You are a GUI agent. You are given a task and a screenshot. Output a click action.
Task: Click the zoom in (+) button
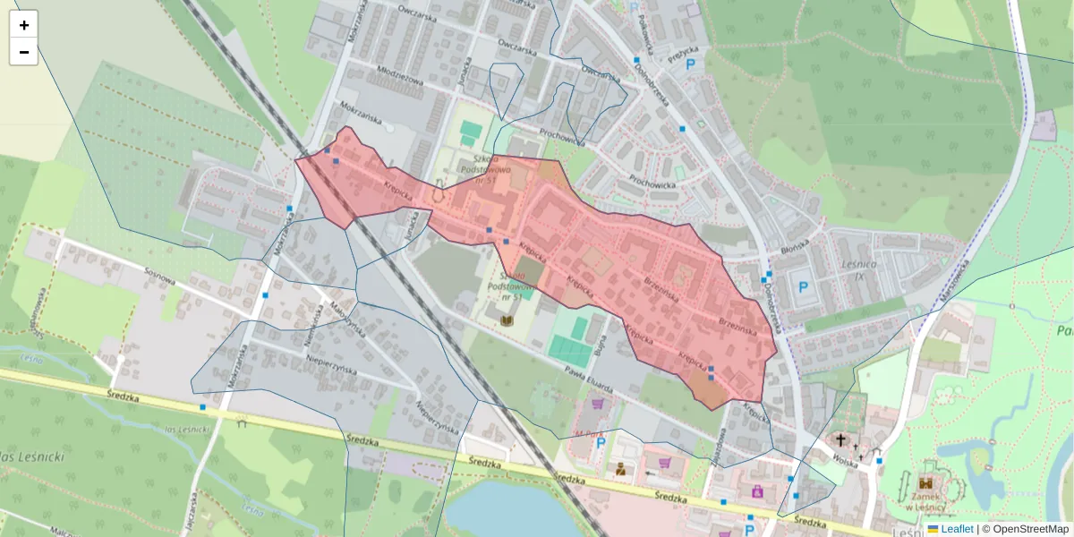(x=24, y=25)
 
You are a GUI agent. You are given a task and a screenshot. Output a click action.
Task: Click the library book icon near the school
(x=507, y=320)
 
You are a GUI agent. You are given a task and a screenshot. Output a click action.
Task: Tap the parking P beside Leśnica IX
(x=803, y=288)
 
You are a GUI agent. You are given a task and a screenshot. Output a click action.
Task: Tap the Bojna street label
(x=601, y=340)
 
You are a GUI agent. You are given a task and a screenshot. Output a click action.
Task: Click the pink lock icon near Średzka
(x=757, y=490)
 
